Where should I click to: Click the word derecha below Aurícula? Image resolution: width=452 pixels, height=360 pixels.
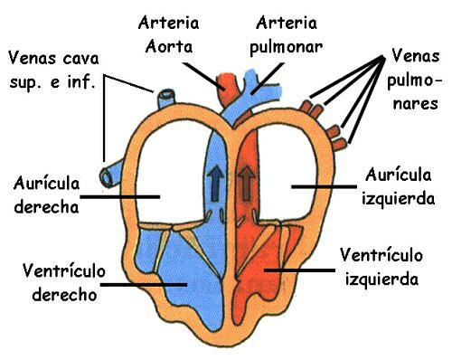[x=47, y=205]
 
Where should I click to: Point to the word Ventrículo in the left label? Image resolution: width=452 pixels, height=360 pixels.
[x=60, y=272]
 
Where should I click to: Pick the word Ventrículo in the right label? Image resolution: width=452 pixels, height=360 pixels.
[x=380, y=256]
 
